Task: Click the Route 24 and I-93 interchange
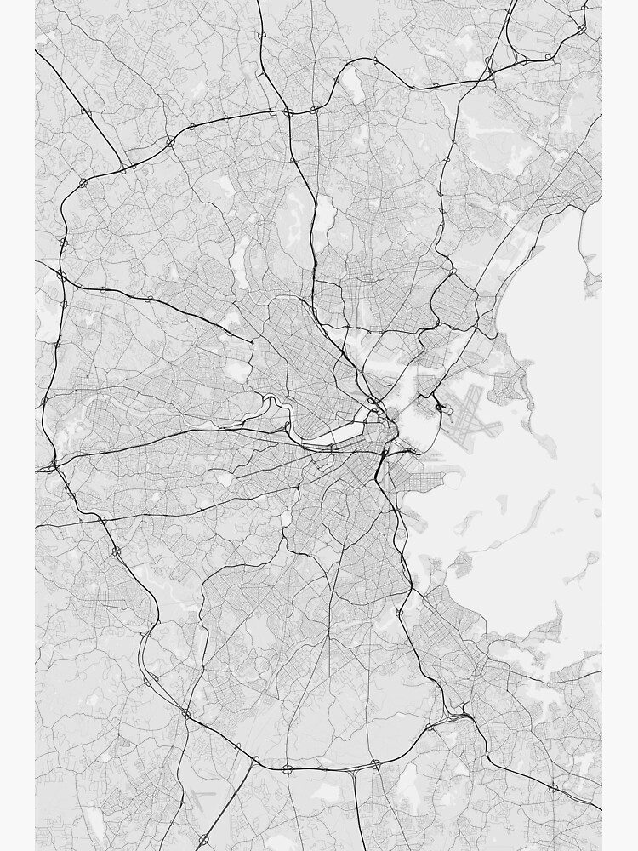[x=375, y=765]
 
